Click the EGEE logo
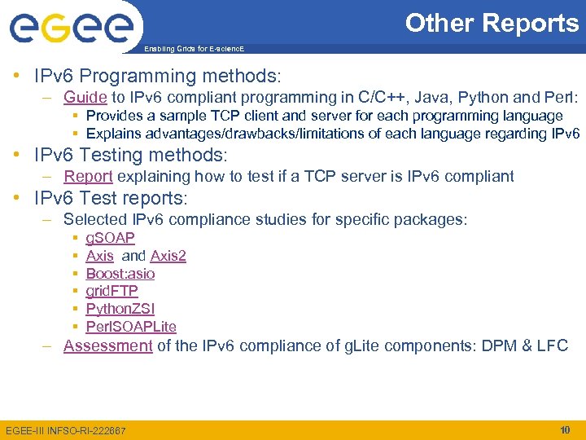71,27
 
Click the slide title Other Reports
492,23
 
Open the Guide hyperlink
85,98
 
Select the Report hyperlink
88,176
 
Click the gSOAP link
110,237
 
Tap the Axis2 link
168,256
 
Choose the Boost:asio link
120,274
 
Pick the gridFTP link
112,291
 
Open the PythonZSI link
120,309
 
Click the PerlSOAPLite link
130,327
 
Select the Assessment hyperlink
108,345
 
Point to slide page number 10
564,429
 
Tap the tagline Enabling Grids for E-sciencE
193,50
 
